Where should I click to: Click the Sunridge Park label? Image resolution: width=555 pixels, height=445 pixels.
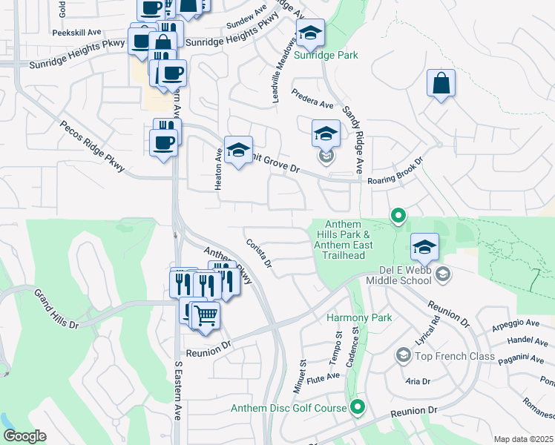(326, 55)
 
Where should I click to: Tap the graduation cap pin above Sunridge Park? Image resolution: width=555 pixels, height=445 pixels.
(311, 33)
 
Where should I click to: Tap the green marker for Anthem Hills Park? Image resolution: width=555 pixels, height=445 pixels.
(398, 216)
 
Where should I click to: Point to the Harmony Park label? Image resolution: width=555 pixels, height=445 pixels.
(359, 317)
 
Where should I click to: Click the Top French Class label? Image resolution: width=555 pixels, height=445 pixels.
(455, 356)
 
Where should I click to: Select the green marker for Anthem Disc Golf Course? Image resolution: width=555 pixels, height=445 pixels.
(358, 406)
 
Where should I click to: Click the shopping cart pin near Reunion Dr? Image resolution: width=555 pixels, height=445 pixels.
(206, 314)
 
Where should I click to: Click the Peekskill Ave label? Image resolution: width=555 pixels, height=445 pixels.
(76, 33)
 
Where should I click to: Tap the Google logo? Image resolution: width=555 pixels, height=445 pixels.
(25, 436)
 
